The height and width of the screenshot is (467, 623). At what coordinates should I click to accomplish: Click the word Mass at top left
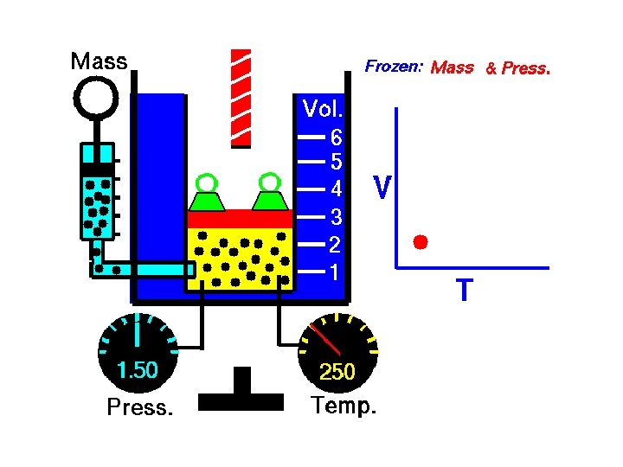tap(99, 61)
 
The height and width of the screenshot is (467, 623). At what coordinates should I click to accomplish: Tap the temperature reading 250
tap(337, 372)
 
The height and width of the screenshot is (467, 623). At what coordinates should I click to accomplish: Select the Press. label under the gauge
tap(139, 407)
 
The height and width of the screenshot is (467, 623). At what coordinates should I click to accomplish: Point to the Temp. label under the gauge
tap(344, 406)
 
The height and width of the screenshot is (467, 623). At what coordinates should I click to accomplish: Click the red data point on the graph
tap(421, 241)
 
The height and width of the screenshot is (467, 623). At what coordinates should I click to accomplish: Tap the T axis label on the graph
tap(465, 291)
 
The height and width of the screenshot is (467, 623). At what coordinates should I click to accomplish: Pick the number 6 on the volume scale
tap(336, 138)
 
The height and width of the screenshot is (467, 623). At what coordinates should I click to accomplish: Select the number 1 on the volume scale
tap(335, 272)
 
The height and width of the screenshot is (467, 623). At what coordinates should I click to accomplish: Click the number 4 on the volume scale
tap(336, 189)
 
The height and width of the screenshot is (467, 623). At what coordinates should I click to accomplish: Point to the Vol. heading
tap(323, 109)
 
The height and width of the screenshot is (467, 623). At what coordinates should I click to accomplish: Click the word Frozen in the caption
tap(392, 66)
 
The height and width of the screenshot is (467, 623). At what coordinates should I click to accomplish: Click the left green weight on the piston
tap(206, 197)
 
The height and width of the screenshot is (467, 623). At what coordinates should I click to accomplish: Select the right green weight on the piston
tap(269, 196)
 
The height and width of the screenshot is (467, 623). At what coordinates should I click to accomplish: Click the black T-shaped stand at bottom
tap(241, 393)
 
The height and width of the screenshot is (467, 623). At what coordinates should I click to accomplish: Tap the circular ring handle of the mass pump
tap(96, 98)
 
